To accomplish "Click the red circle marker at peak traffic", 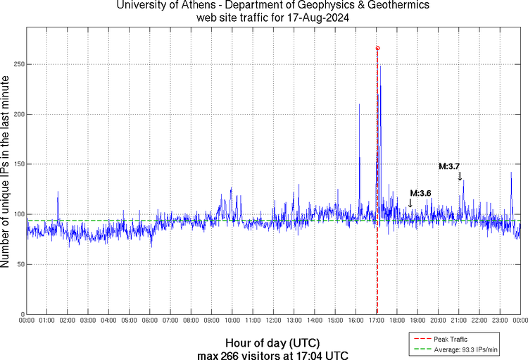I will (x=377, y=48).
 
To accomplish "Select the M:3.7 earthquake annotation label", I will (x=450, y=166).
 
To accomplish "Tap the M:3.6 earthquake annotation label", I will (x=420, y=193).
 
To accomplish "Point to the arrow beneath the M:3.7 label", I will (x=460, y=176).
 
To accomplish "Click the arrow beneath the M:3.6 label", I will (x=410, y=203).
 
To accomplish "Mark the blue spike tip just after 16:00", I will (x=359, y=104).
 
